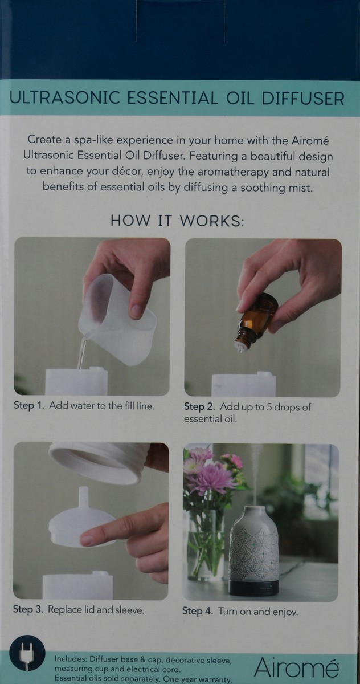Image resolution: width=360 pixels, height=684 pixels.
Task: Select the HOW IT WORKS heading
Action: (x=177, y=221)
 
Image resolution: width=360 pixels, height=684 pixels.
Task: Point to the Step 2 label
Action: (x=199, y=407)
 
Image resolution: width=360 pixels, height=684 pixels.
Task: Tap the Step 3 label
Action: (x=28, y=609)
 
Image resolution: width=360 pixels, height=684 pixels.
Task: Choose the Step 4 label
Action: (x=198, y=612)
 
